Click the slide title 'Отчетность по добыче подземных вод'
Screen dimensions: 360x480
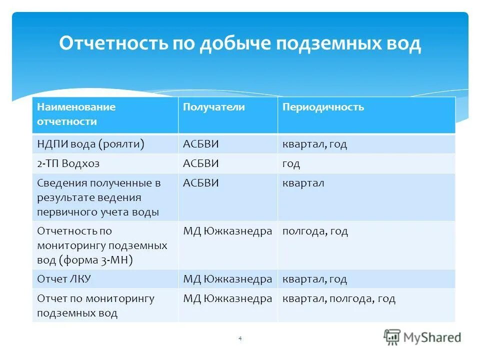(x=240, y=44)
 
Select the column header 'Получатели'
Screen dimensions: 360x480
(x=214, y=107)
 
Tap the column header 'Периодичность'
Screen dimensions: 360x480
(x=323, y=107)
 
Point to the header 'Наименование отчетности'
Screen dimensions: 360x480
(x=76, y=114)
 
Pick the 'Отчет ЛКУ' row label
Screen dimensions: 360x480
(x=64, y=279)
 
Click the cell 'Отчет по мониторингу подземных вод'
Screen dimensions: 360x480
(x=96, y=305)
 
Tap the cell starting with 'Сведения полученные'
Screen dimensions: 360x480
(x=99, y=197)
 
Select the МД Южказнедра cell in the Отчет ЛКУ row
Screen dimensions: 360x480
(x=227, y=279)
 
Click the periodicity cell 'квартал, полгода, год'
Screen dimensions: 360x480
(x=339, y=298)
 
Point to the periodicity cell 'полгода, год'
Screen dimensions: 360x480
(x=315, y=231)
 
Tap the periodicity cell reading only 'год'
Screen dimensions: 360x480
(x=291, y=163)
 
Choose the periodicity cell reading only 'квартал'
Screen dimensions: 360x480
(x=303, y=183)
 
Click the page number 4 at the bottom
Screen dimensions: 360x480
(x=240, y=338)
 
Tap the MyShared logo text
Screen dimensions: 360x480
(x=432, y=337)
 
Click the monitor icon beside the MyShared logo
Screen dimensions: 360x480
(x=392, y=337)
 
